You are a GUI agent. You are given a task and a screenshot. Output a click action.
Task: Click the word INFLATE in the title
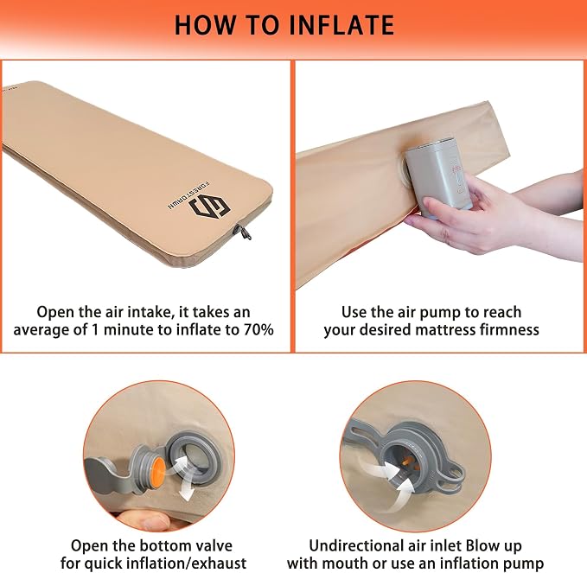tap(341, 25)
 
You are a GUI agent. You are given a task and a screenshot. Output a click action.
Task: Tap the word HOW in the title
tap(205, 25)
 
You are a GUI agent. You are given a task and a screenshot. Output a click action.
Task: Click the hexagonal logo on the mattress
tap(209, 207)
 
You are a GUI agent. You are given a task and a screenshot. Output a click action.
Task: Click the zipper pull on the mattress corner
tap(242, 232)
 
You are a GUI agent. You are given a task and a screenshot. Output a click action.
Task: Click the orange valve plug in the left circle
tap(157, 472)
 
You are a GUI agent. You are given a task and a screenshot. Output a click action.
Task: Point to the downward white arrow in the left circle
tap(185, 489)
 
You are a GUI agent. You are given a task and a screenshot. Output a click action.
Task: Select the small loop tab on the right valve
tap(452, 474)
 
